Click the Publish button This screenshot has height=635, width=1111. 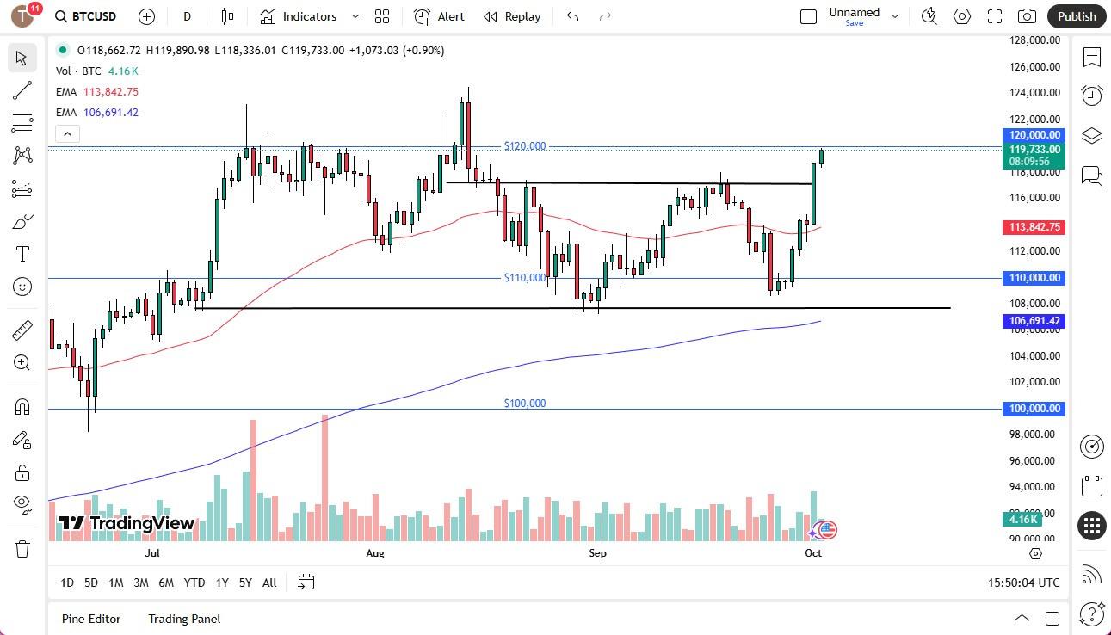(1077, 16)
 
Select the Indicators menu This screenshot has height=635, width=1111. (309, 16)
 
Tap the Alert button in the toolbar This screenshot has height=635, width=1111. (440, 16)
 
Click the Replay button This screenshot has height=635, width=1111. (512, 16)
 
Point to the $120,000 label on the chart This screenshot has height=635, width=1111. (524, 146)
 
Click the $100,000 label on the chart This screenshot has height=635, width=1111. (524, 403)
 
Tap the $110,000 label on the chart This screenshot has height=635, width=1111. (524, 277)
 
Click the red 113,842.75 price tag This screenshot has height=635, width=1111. (1034, 227)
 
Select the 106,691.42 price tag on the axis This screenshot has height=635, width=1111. (1034, 321)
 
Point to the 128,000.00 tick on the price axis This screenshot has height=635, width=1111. (1034, 40)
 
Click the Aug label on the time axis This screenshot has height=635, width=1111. (374, 552)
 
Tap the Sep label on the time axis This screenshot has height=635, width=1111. (597, 552)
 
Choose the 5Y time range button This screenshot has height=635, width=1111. (245, 583)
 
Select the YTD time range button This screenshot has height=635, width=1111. (194, 583)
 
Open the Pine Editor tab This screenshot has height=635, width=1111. (91, 618)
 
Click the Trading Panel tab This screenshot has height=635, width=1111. (184, 618)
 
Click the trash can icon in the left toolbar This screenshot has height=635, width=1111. (22, 548)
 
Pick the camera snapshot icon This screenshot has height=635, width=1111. (1027, 16)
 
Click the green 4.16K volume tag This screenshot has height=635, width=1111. (1022, 519)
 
